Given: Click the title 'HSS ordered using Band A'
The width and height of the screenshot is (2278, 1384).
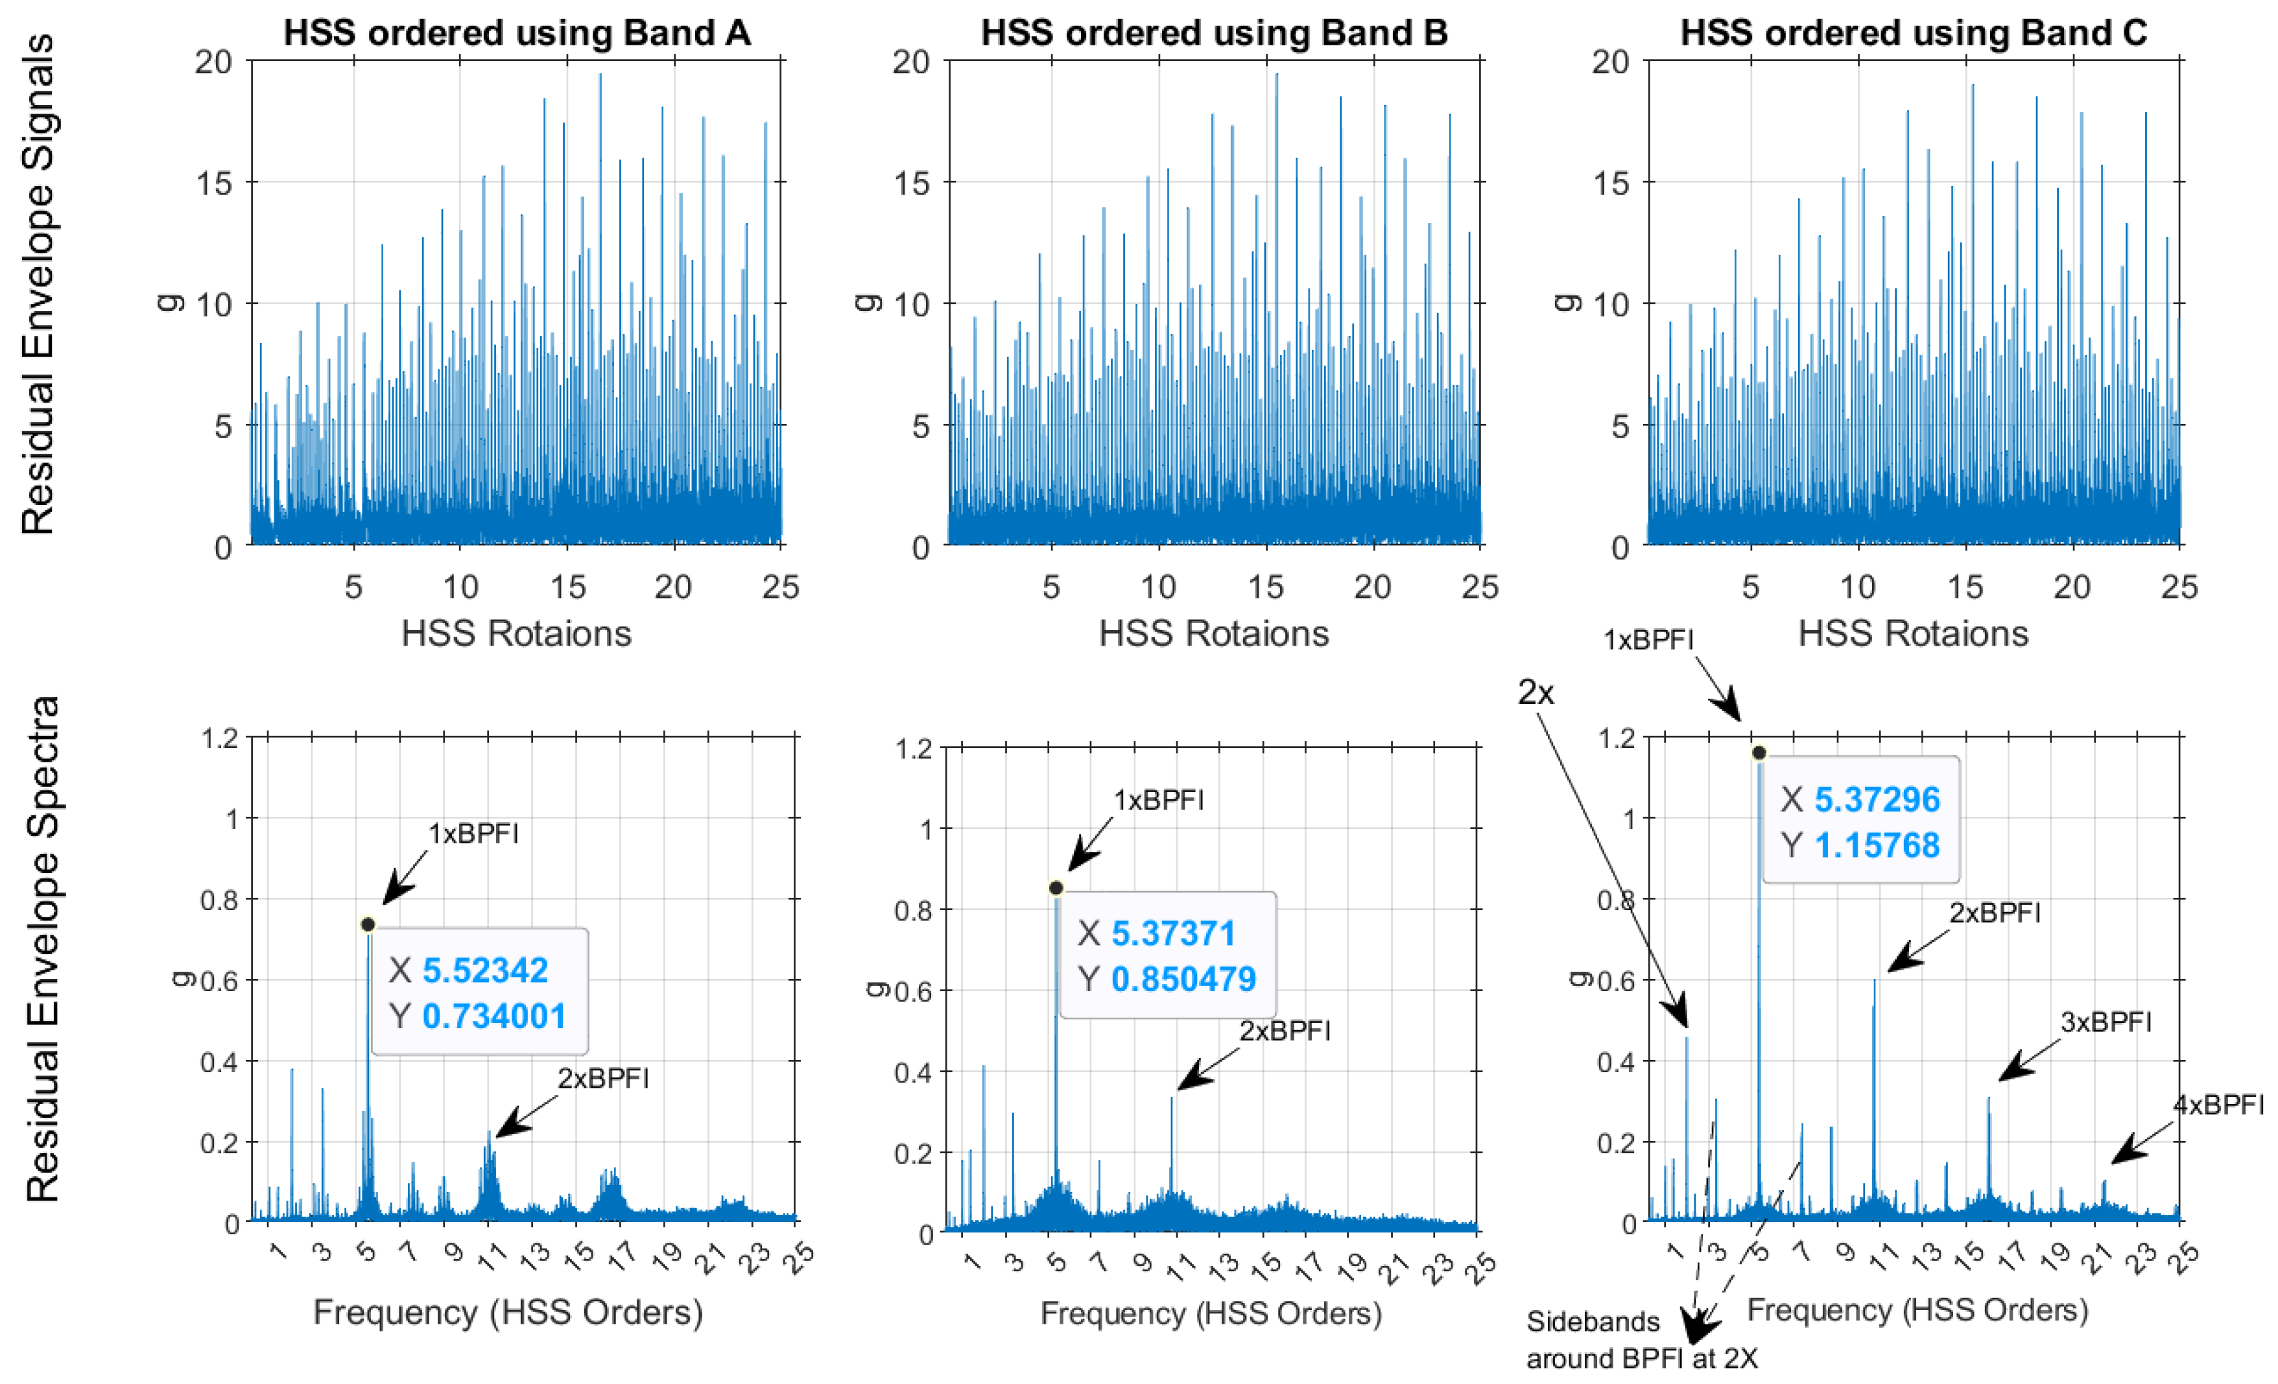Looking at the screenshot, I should [x=516, y=33].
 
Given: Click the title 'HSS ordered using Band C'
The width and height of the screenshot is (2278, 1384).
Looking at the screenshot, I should [x=1913, y=33].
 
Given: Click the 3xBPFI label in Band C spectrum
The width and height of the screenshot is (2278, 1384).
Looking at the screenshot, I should [x=2105, y=1022].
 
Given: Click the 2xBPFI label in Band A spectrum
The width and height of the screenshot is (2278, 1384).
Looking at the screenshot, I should [x=603, y=1078].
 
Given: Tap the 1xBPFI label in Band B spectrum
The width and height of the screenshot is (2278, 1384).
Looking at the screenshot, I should [x=1158, y=800].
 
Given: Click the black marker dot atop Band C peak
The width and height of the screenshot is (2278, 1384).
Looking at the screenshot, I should [x=1759, y=753].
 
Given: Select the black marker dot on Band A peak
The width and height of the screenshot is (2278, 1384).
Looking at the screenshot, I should [x=368, y=924].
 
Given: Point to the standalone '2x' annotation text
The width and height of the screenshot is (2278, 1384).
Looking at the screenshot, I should [x=1536, y=692].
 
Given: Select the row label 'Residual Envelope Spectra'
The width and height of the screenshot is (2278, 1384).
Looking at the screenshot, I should [x=42, y=948].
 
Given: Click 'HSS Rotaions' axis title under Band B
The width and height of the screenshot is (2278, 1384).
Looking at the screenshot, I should [x=1213, y=633].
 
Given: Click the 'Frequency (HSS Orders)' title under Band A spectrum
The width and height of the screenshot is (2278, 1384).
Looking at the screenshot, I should [x=508, y=1312].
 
